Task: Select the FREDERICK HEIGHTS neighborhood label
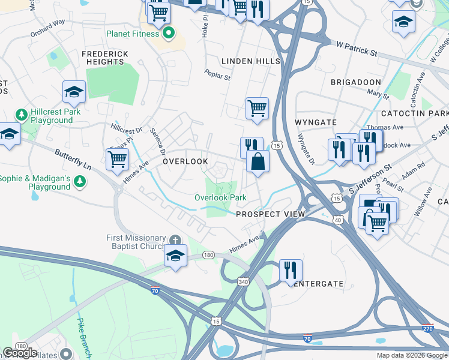pos(105,58)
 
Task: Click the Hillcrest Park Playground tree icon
pos(22,114)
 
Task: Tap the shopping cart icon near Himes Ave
pos(117,159)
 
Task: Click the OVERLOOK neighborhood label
pos(185,162)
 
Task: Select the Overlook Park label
pos(220,197)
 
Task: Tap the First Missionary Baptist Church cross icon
pos(175,238)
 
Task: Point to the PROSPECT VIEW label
pos(270,214)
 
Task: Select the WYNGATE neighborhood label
pos(316,122)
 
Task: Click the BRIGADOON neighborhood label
pos(355,82)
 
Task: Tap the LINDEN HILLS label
pos(250,62)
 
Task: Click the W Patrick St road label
pos(357,49)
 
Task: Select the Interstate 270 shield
pos(427,329)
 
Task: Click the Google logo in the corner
pos(20,353)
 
